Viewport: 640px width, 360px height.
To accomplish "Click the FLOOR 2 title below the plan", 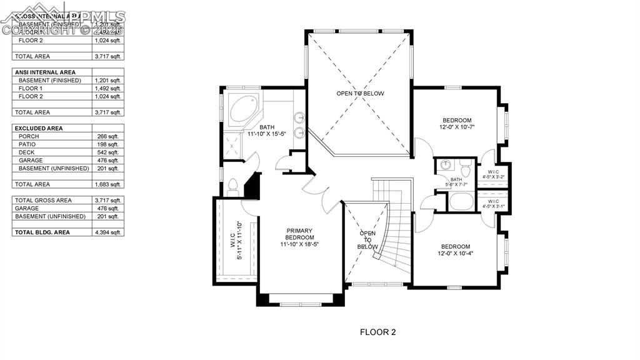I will coord(377,332).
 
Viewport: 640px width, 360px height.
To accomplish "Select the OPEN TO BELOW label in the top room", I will coord(360,94).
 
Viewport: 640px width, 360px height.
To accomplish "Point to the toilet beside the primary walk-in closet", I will coord(232,185).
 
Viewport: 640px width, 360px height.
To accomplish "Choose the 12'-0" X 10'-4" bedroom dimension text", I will coord(455,254).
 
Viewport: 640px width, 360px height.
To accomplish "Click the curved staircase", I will coord(392,237).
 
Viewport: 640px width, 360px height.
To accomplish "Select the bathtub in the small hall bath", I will coord(461,202).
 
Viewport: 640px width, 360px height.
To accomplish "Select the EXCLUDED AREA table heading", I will coord(41,128).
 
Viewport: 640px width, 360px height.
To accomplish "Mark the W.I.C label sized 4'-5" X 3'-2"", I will coord(493,174).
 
